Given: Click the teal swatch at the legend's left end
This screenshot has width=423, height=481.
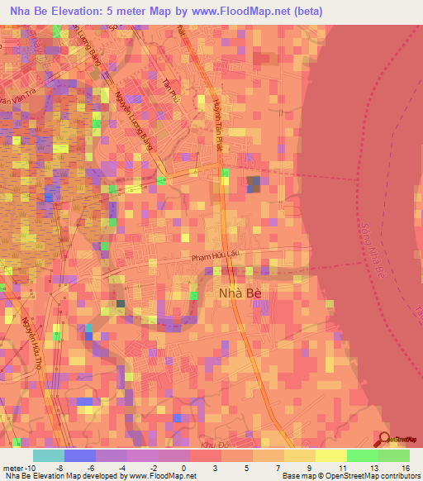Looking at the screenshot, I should pyautogui.click(x=48, y=455).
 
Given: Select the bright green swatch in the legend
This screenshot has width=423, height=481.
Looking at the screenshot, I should pyautogui.click(x=362, y=455).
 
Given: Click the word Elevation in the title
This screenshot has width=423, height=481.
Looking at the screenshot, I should pyautogui.click(x=76, y=12).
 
